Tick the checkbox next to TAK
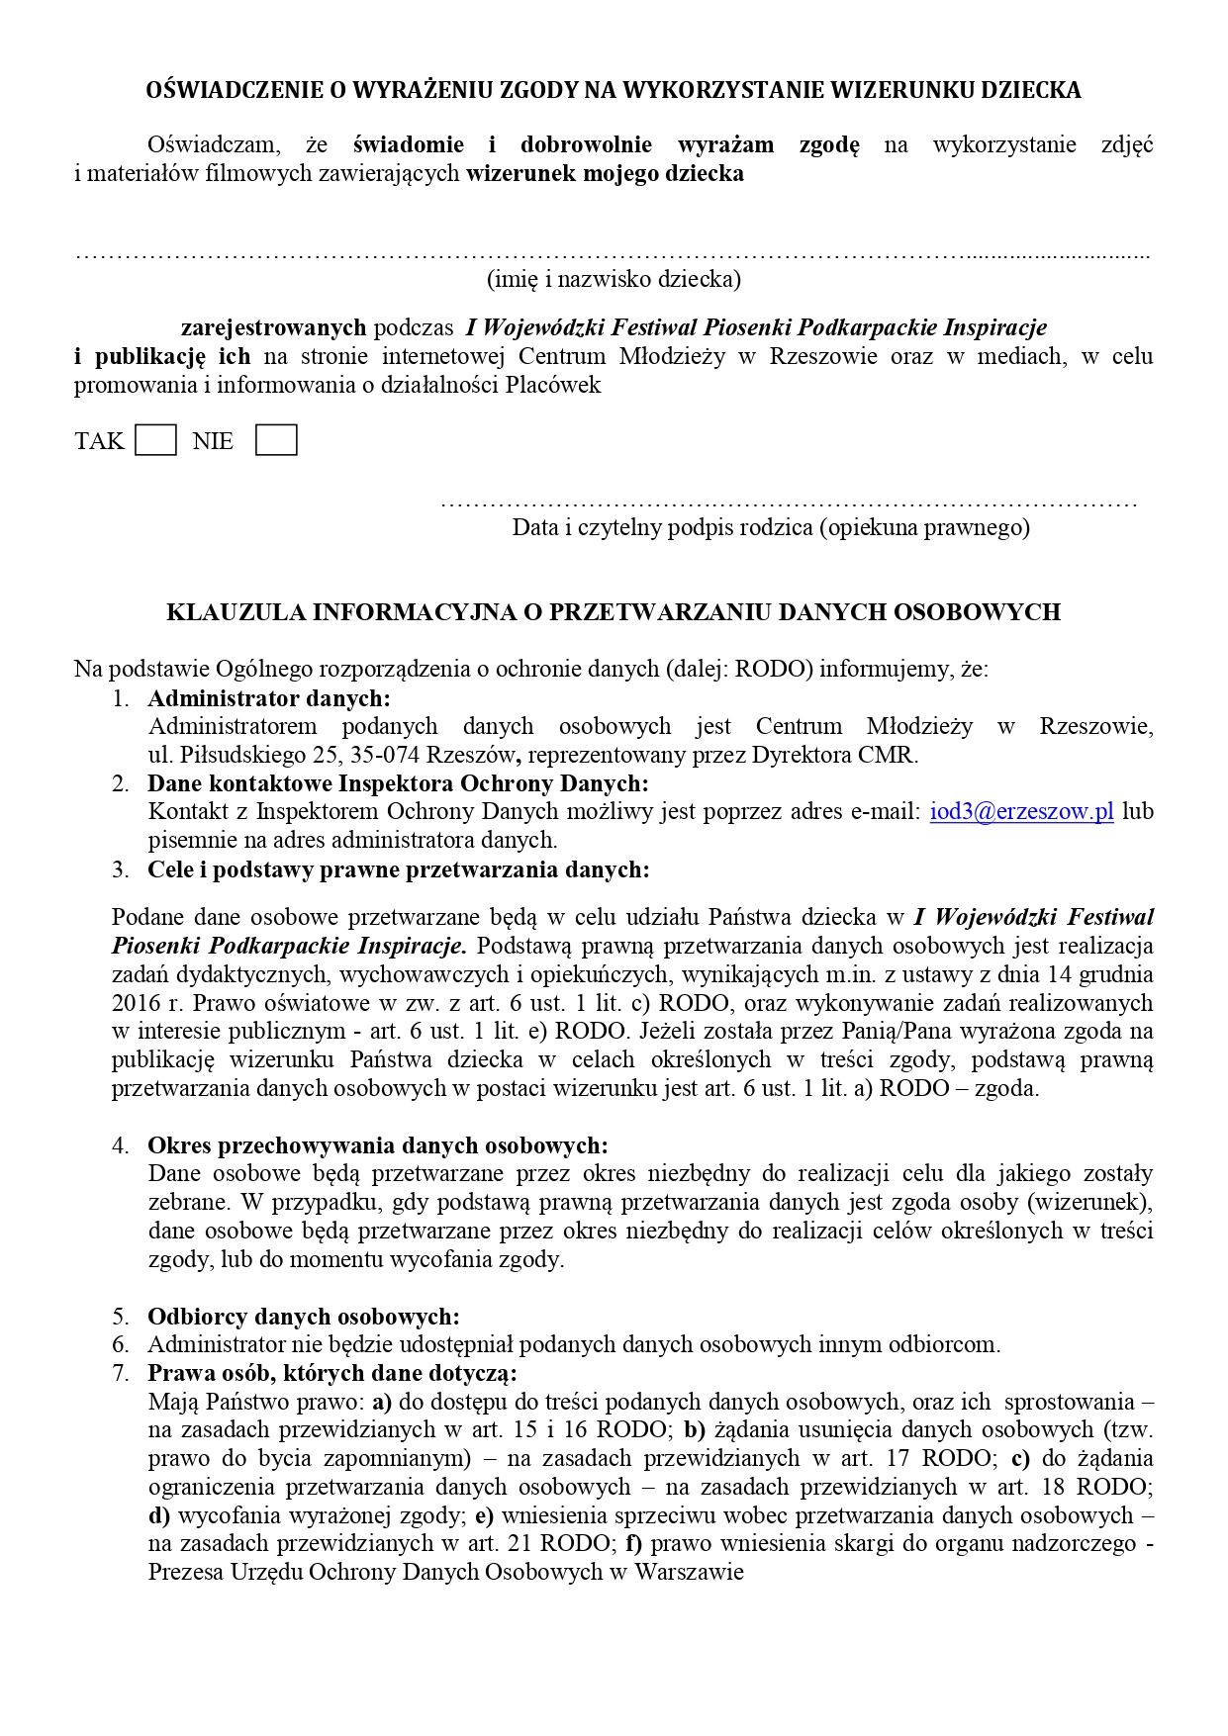pos(155,440)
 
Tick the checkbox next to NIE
pos(276,440)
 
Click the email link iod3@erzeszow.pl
pos(1021,812)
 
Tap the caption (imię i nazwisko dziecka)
pos(614,279)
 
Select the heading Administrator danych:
pos(269,698)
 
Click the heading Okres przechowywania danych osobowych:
pos(378,1145)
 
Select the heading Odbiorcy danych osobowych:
pos(304,1317)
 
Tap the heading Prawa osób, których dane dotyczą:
pos(332,1373)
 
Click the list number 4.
pos(120,1145)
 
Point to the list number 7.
pos(120,1373)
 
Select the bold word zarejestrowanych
pos(273,327)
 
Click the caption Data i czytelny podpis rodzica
pos(771,527)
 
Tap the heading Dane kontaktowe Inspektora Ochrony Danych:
pos(398,783)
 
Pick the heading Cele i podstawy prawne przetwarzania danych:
pos(398,869)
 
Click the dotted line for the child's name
pos(614,254)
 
